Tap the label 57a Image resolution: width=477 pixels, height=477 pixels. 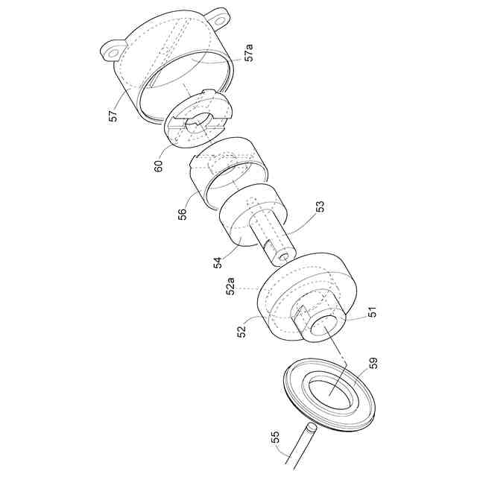[x=249, y=52]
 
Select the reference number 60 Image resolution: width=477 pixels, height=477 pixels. [x=159, y=165]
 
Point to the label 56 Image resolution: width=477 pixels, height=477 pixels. [x=182, y=214]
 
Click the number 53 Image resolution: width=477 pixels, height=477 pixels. [x=320, y=207]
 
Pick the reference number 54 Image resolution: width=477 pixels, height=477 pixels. [x=218, y=262]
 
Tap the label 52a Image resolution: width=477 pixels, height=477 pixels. [x=230, y=286]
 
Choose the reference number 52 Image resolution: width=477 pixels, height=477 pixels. [x=241, y=332]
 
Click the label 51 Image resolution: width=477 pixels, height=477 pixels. [x=372, y=312]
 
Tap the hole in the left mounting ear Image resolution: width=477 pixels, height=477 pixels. [x=113, y=53]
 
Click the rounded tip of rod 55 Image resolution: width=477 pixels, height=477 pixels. [x=312, y=426]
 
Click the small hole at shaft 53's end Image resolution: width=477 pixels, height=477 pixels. [x=285, y=257]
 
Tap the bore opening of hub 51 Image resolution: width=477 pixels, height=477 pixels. [x=323, y=328]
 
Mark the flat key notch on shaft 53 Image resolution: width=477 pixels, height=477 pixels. [x=268, y=245]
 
